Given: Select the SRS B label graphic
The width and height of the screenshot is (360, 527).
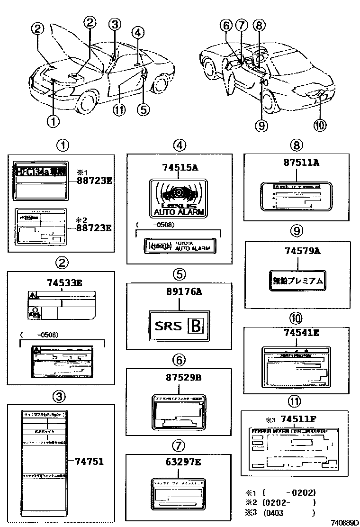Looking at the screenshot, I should click(179, 326).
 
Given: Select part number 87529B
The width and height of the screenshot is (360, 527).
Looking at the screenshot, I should click(179, 377).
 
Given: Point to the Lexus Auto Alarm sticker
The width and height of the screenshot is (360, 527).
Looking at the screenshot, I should click(179, 199).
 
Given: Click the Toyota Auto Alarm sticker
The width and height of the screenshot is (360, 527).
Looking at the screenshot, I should click(179, 245).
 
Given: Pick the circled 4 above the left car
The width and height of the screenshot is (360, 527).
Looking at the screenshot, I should click(137, 33).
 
